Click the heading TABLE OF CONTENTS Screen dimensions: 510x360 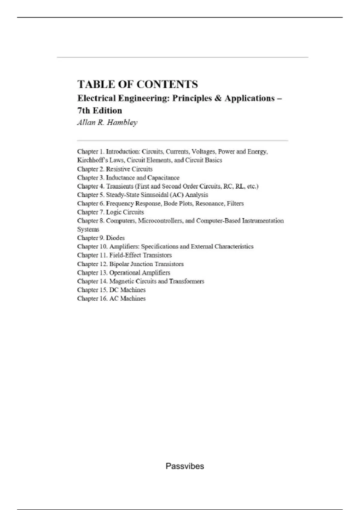[x=138, y=84]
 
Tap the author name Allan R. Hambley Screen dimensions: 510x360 [x=107, y=122]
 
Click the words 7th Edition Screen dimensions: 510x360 [x=100, y=111]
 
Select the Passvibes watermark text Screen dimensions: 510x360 [x=185, y=466]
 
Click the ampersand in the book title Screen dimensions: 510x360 [x=218, y=98]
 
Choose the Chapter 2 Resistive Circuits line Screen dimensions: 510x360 [x=115, y=169]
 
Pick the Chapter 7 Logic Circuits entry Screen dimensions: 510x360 [x=110, y=212]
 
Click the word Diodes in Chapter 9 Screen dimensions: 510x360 [x=115, y=238]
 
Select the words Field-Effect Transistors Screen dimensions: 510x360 [x=140, y=255]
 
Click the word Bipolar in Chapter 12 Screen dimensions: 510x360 [x=119, y=264]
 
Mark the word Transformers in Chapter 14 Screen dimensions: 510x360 [x=187, y=281]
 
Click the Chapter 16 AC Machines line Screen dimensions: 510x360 [x=111, y=298]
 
